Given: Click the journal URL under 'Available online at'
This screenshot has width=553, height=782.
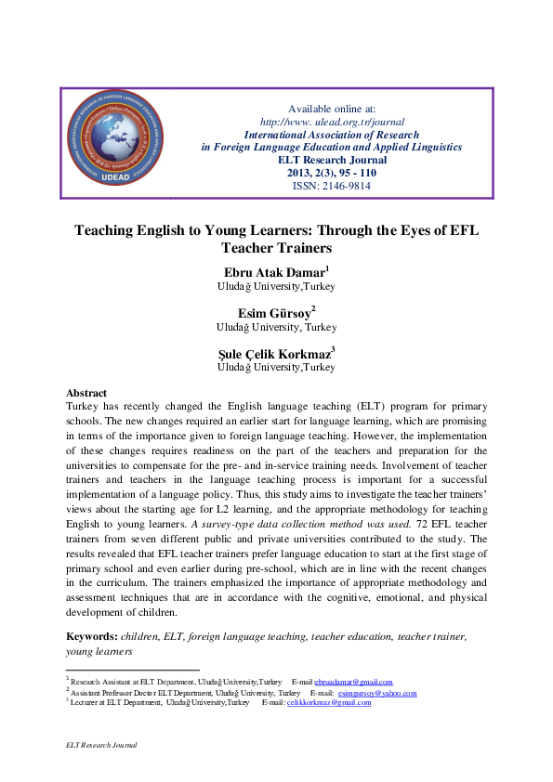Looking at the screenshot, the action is click(332, 122).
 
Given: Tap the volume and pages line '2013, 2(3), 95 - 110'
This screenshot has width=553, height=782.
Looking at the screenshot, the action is click(332, 173).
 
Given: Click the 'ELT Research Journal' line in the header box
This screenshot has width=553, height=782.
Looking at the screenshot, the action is click(332, 160).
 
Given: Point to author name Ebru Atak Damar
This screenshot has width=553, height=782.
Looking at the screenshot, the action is click(273, 274).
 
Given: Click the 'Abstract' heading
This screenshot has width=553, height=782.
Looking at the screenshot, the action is click(87, 393).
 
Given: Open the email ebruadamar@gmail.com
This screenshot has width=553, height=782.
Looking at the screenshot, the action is click(354, 682).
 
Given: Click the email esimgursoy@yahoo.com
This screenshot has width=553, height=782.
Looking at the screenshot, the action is click(377, 693).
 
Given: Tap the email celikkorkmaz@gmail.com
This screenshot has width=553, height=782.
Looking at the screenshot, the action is click(329, 703).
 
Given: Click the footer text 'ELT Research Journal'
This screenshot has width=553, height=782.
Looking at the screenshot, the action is click(101, 745).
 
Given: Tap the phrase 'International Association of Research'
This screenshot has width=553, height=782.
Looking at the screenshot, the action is click(332, 135).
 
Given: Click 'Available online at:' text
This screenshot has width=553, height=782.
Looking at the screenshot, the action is click(332, 109).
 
